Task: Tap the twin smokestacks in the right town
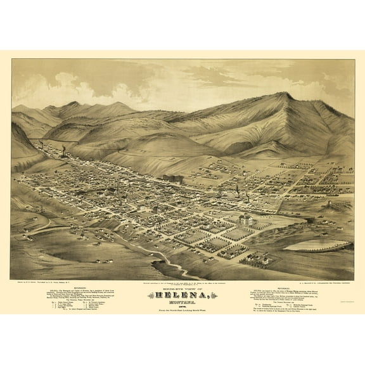click(x=236, y=190)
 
